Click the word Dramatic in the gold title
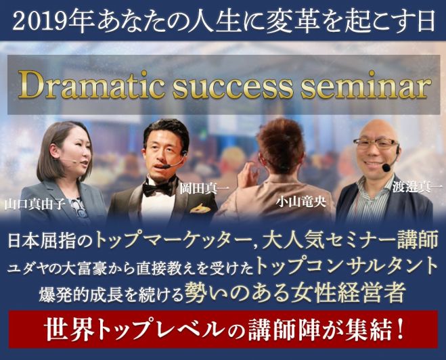[x=91, y=85]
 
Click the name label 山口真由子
[x=35, y=204]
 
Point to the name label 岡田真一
[x=204, y=189]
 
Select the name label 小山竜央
[x=301, y=202]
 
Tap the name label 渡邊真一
[x=417, y=187]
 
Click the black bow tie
[x=159, y=189]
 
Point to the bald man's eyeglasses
[x=376, y=143]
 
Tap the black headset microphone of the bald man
[x=386, y=167]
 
